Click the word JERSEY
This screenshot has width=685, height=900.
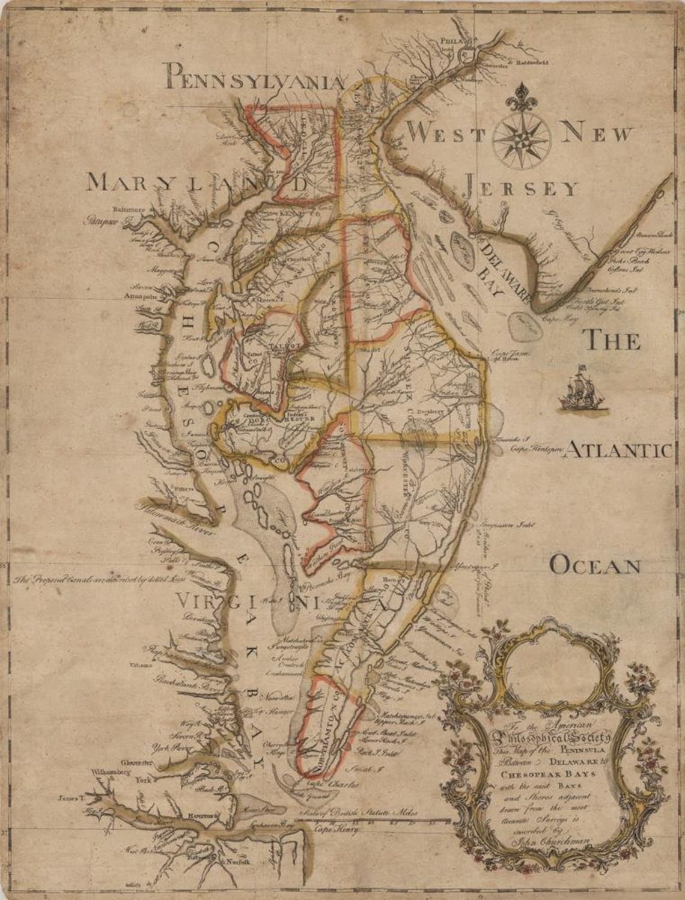(x=521, y=187)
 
